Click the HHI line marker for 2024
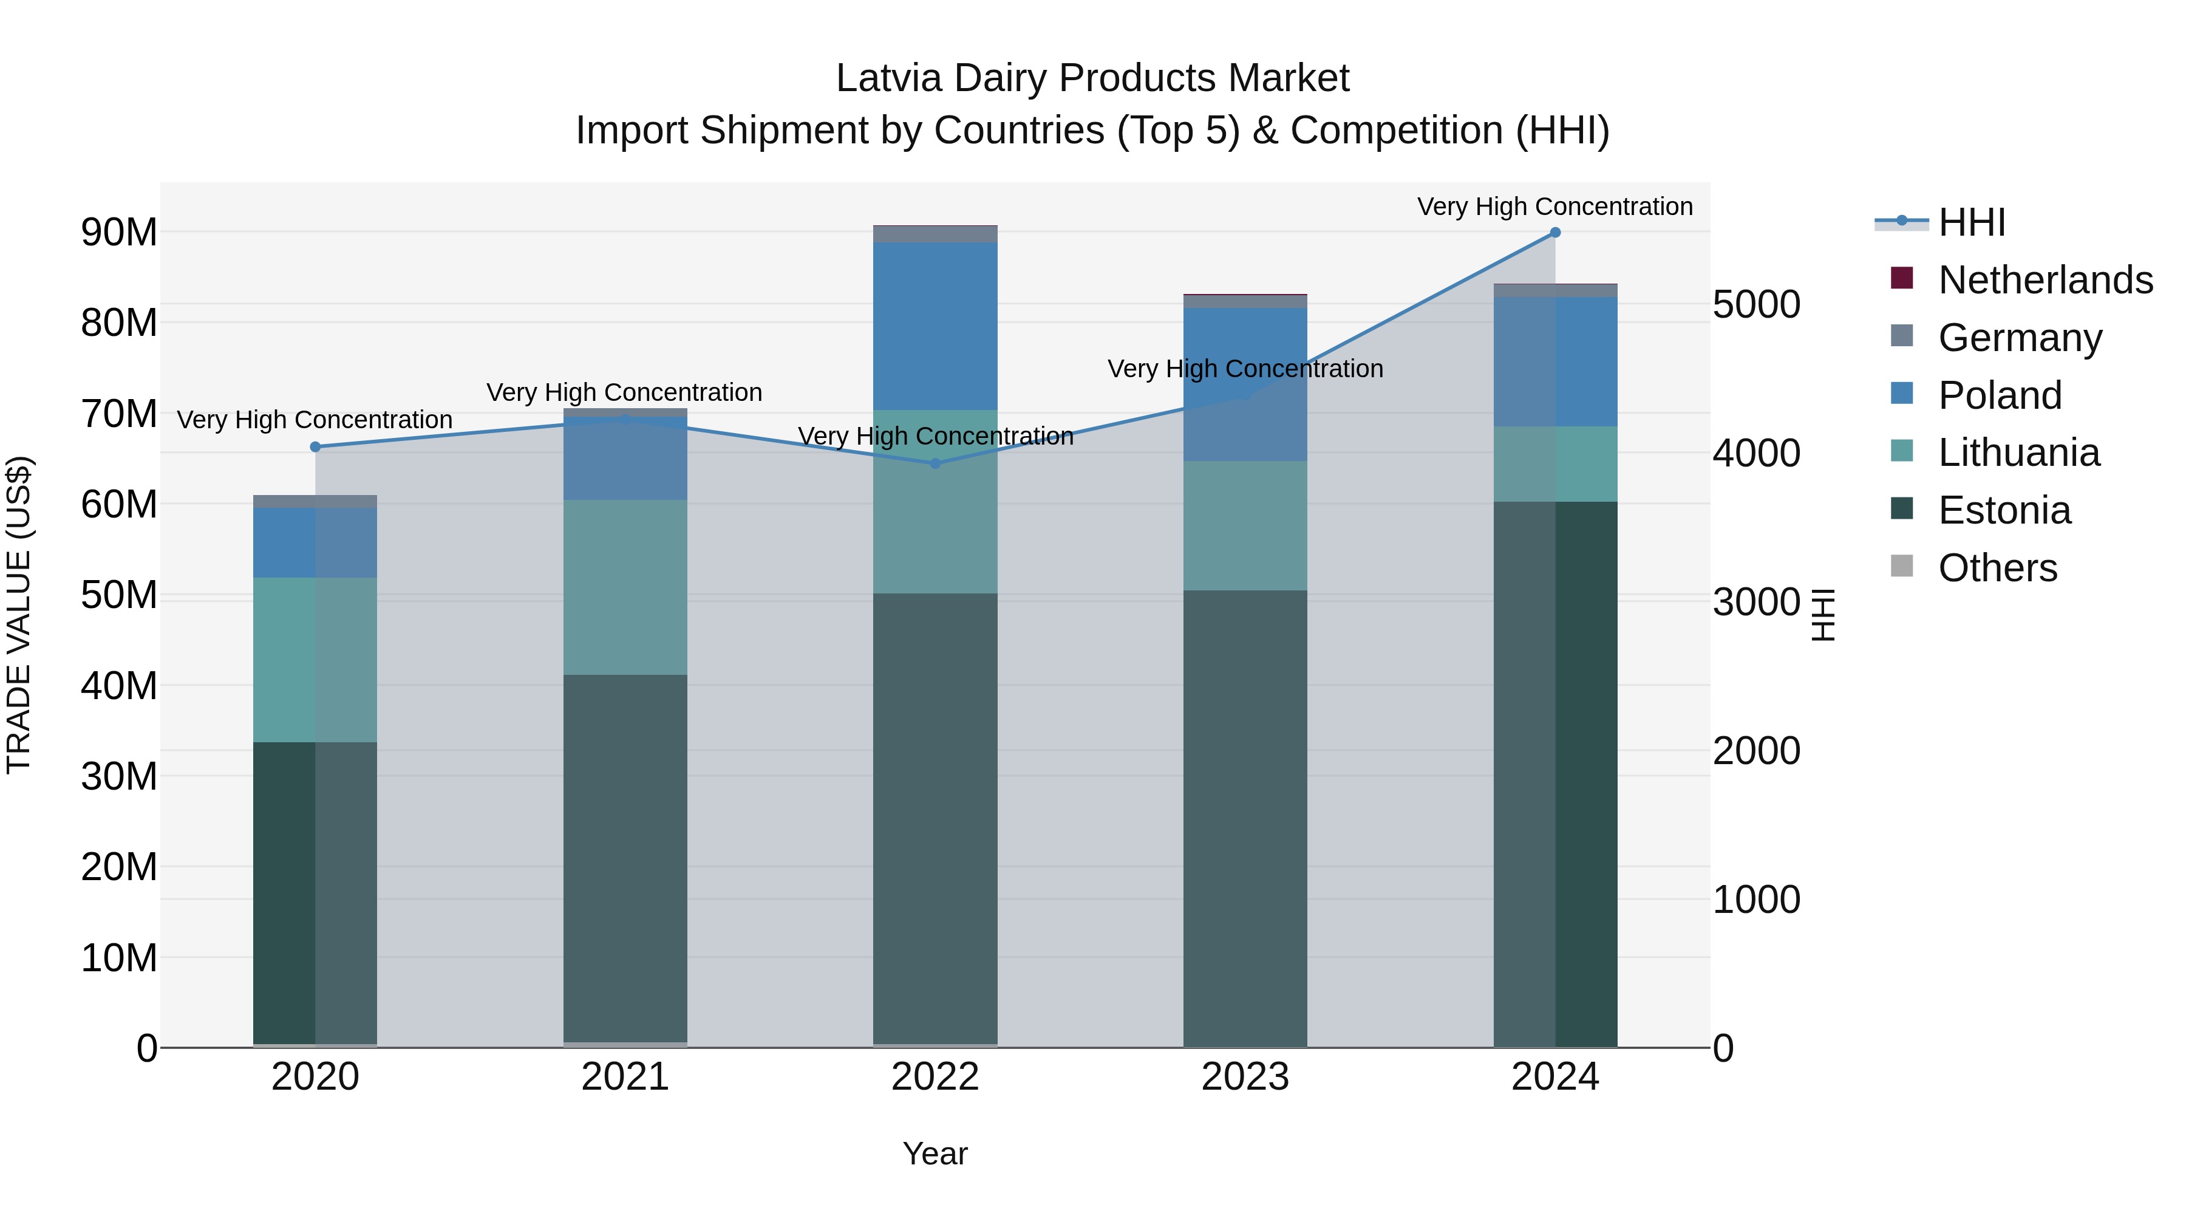[x=1554, y=233]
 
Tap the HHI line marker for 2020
[x=315, y=446]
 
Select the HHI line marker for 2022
[x=935, y=463]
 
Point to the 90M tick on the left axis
[x=119, y=233]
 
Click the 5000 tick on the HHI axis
[x=1755, y=305]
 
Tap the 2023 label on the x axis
[x=1245, y=1077]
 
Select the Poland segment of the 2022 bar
[x=935, y=327]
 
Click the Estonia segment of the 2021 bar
[x=625, y=857]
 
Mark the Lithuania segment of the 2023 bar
[x=1245, y=526]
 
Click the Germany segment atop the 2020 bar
[x=315, y=502]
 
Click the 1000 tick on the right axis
[x=1755, y=900]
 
